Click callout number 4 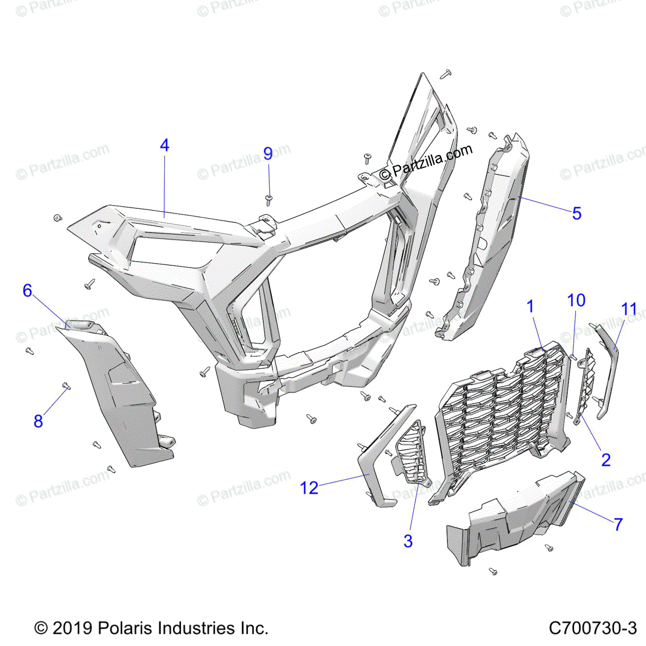[165, 145]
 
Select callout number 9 [268, 154]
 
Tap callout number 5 [577, 214]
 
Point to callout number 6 [27, 291]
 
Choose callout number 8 [38, 421]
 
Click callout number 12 [309, 488]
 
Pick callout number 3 [408, 541]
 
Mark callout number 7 [619, 524]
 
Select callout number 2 [606, 460]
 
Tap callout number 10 [577, 300]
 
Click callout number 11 [629, 310]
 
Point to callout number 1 [531, 307]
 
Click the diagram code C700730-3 [593, 628]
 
